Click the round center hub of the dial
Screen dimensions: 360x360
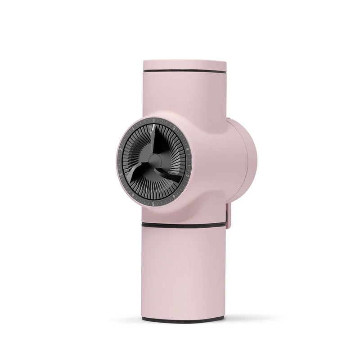click(x=154, y=160)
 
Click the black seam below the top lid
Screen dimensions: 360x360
click(x=184, y=71)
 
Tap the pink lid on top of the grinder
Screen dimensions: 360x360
click(x=184, y=64)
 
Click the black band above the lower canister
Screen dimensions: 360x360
click(x=184, y=224)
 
